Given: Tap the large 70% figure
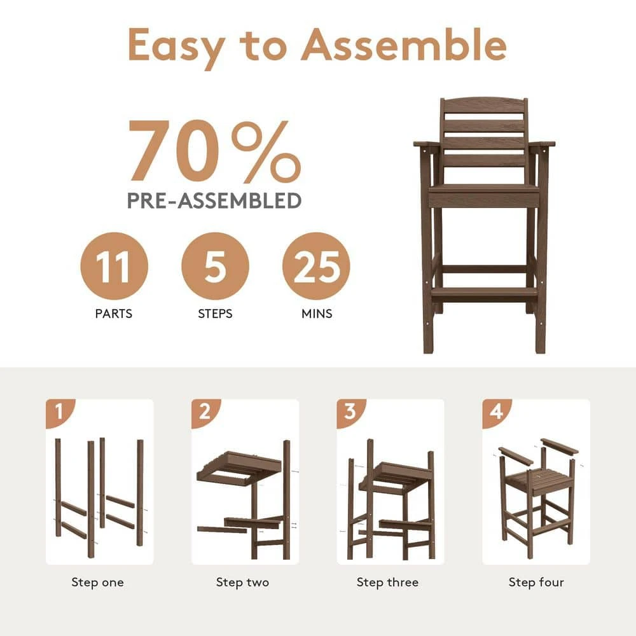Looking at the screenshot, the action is (x=215, y=151).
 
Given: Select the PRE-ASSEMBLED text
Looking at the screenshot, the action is (x=214, y=200).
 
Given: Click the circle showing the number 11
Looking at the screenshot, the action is (x=114, y=266).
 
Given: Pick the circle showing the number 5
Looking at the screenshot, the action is (x=215, y=266).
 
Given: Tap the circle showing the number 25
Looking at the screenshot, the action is (x=316, y=266).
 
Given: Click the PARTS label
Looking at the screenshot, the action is (x=114, y=314).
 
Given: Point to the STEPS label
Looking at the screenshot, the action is (x=215, y=314).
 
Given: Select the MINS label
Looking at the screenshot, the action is (x=317, y=314).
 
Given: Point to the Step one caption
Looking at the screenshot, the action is (x=97, y=583).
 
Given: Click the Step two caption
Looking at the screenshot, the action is (x=242, y=583).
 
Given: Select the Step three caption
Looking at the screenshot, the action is (x=387, y=583).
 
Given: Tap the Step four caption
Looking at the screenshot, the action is (x=536, y=583).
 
